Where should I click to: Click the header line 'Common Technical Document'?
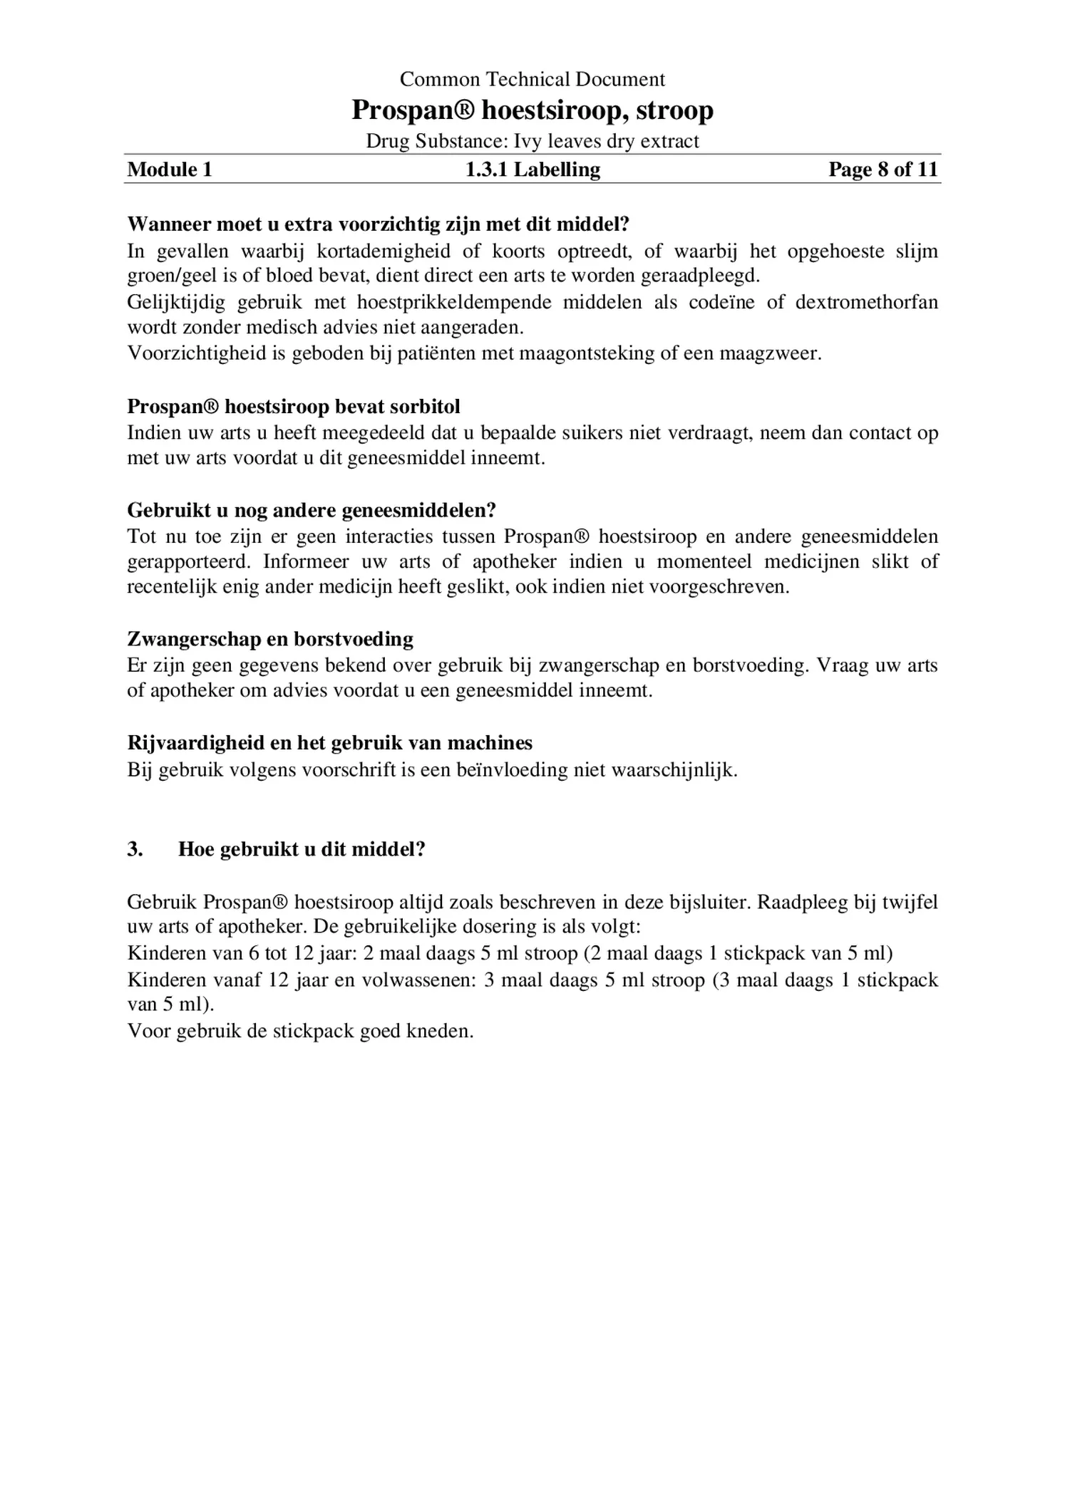coord(532,79)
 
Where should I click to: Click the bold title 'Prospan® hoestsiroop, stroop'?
coord(532,110)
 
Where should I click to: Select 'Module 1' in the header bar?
coord(170,170)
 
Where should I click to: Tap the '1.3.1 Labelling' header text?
coord(532,170)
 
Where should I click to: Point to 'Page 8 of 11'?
coord(883,170)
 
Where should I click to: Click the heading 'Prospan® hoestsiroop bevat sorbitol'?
coord(294,407)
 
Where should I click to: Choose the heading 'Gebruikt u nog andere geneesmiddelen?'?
coord(312,510)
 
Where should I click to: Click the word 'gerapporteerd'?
coord(188,561)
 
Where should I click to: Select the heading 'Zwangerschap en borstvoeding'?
coord(270,639)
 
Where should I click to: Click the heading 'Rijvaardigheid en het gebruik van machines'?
coord(329,743)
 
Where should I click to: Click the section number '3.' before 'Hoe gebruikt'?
coord(135,849)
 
